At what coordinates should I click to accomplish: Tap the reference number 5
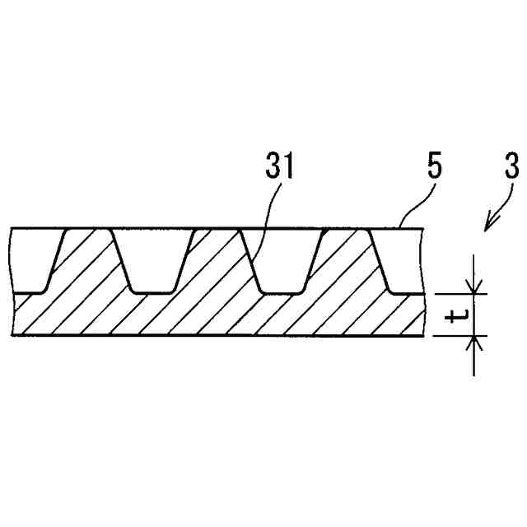(x=434, y=167)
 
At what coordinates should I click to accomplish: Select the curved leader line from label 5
(x=416, y=206)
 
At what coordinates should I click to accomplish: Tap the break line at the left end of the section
(x=13, y=280)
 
